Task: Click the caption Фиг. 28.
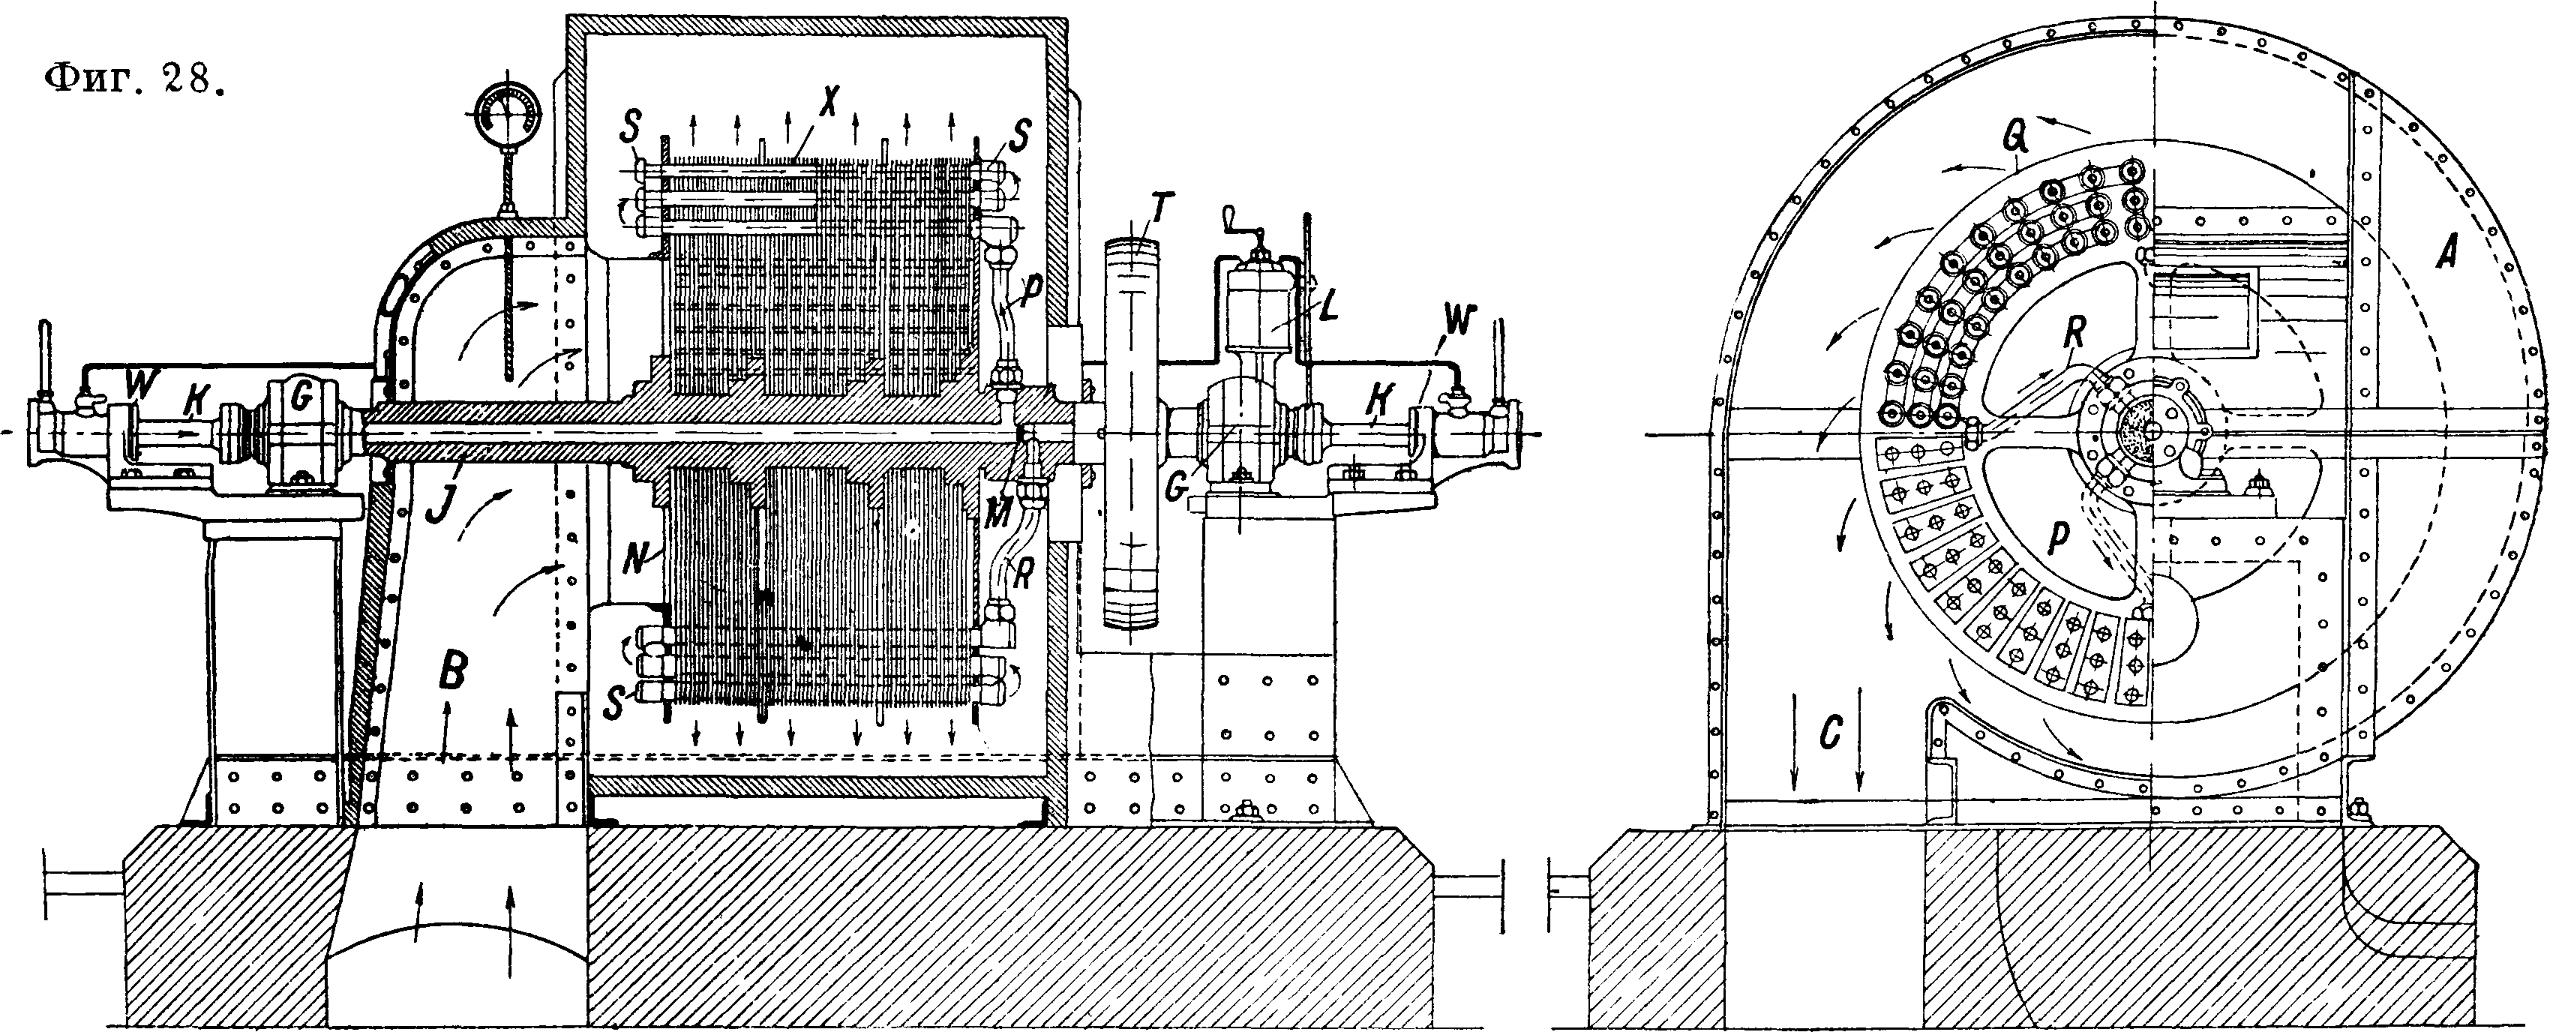(133, 79)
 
